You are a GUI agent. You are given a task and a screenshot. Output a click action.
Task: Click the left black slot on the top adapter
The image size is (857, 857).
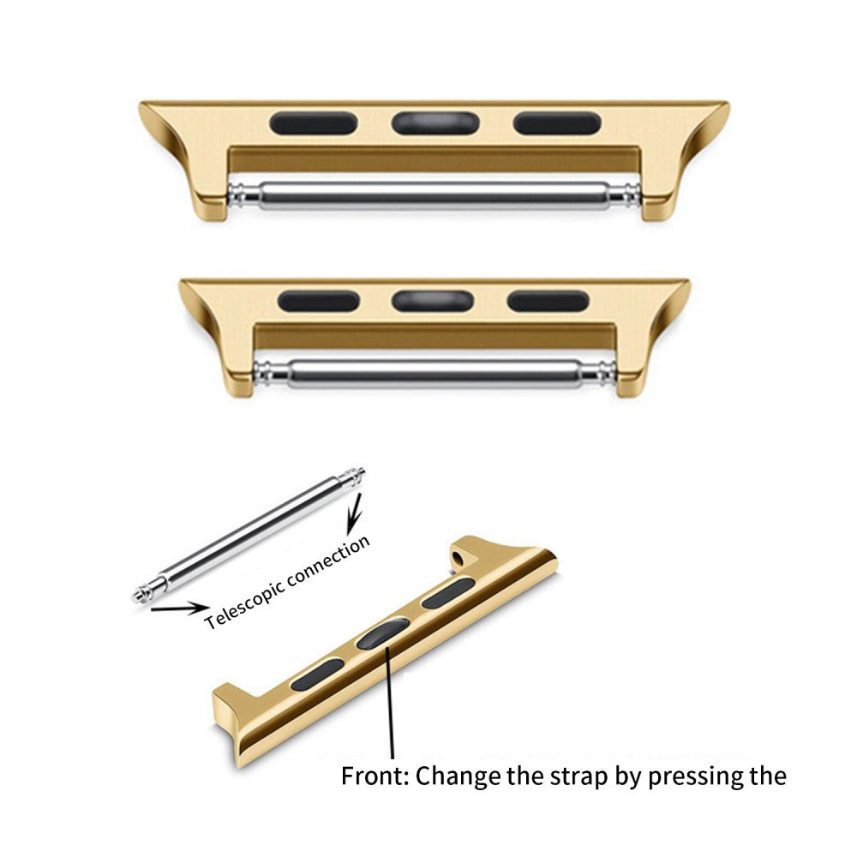(x=313, y=123)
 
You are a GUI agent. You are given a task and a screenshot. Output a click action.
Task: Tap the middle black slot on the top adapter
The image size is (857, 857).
(x=434, y=123)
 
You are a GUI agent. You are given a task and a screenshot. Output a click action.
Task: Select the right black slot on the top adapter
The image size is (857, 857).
(x=556, y=123)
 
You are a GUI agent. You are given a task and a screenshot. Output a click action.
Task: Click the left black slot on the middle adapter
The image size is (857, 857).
(x=319, y=300)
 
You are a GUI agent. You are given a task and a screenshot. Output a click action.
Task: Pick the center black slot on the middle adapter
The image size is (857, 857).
(x=434, y=300)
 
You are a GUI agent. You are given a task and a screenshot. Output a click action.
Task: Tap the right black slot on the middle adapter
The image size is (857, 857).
(x=548, y=301)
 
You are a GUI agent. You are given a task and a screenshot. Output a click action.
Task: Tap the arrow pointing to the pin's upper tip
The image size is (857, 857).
(x=352, y=518)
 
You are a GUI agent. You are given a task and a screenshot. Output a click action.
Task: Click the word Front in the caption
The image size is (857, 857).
(x=374, y=776)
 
